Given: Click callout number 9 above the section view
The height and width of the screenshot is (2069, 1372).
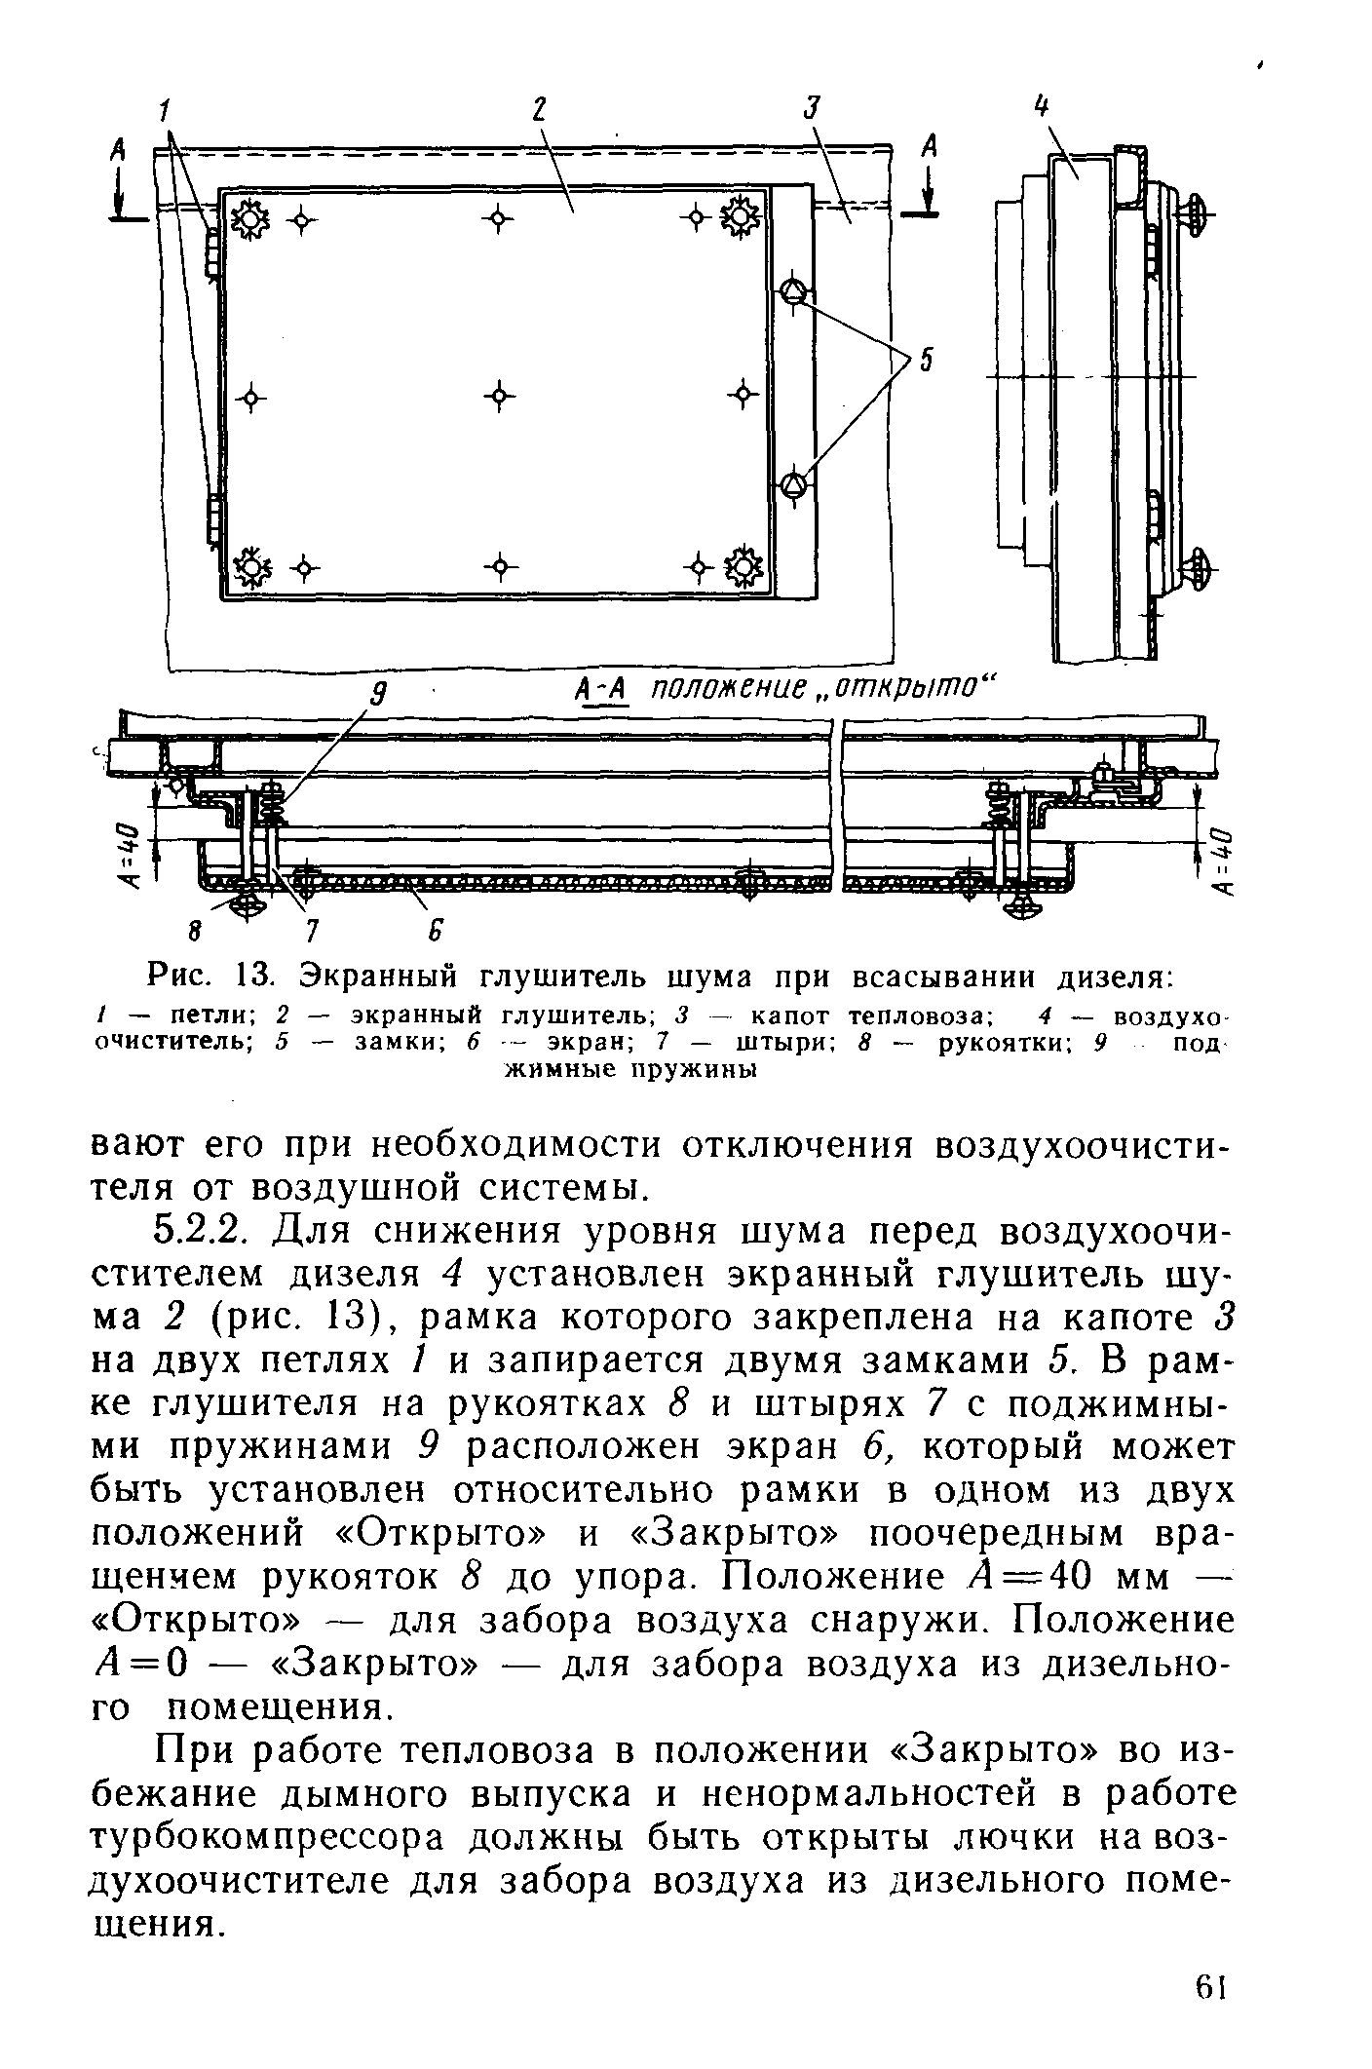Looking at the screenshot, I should pyautogui.click(x=381, y=695).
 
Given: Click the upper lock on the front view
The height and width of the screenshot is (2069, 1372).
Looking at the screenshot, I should pyautogui.click(x=794, y=291).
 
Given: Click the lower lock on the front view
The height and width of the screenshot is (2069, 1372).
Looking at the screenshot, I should pyautogui.click(x=794, y=483).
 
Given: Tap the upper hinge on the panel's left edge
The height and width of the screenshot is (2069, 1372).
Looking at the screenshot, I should pyautogui.click(x=212, y=253).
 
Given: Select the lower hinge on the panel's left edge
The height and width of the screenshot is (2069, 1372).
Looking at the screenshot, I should pyautogui.click(x=212, y=518).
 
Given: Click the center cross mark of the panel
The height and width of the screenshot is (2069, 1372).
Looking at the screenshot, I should pyautogui.click(x=498, y=396).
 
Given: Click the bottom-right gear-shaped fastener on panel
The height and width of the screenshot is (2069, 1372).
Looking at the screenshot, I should pyautogui.click(x=744, y=566).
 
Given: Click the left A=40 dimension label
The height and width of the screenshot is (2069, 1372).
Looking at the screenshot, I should pyautogui.click(x=127, y=856).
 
